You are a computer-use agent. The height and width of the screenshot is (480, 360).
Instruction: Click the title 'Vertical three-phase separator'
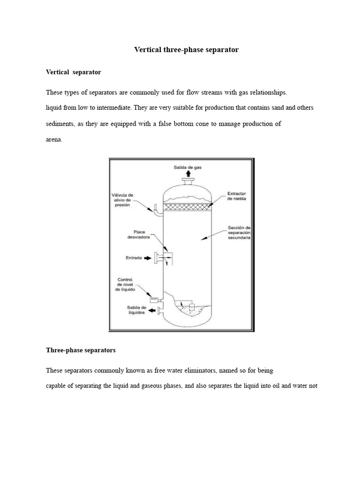[187, 49]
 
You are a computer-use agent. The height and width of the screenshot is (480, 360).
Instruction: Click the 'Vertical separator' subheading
[74, 72]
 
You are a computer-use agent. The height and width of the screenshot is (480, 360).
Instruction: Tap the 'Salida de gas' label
[188, 167]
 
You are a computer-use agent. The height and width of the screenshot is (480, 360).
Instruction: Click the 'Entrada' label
[134, 257]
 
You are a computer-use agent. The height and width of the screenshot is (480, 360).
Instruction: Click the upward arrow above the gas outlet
[188, 174]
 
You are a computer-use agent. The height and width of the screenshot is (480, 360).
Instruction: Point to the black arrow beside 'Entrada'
[148, 257]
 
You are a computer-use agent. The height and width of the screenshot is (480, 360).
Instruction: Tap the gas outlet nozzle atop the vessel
[188, 182]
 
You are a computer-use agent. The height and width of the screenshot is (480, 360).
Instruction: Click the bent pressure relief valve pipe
[155, 211]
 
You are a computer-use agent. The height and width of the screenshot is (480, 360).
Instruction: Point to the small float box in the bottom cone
[192, 307]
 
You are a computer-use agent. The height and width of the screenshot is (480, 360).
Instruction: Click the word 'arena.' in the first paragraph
[54, 139]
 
